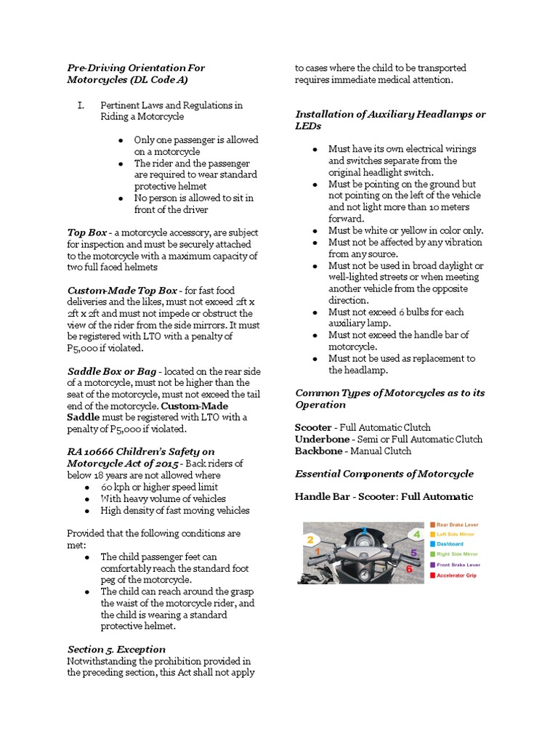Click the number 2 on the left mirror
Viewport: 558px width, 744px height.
[x=310, y=539]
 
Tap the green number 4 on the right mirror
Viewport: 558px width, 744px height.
[x=416, y=534]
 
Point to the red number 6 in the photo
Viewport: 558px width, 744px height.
[x=409, y=569]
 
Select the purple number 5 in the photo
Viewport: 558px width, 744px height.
[x=414, y=553]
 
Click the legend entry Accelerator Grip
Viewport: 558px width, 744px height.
[x=457, y=575]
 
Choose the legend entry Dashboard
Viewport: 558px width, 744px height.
[x=450, y=543]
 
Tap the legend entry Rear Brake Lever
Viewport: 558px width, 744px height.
[x=457, y=524]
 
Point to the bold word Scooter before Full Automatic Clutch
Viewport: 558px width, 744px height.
[x=312, y=427]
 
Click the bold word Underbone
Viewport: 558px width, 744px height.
[x=320, y=439]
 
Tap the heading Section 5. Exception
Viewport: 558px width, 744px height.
[x=116, y=649]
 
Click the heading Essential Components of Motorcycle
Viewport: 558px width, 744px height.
[x=384, y=474]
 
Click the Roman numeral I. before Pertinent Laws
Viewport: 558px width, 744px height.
[x=81, y=105]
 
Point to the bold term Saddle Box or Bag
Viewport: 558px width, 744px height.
[x=111, y=371]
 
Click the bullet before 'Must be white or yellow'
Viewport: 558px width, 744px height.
[x=315, y=230]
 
